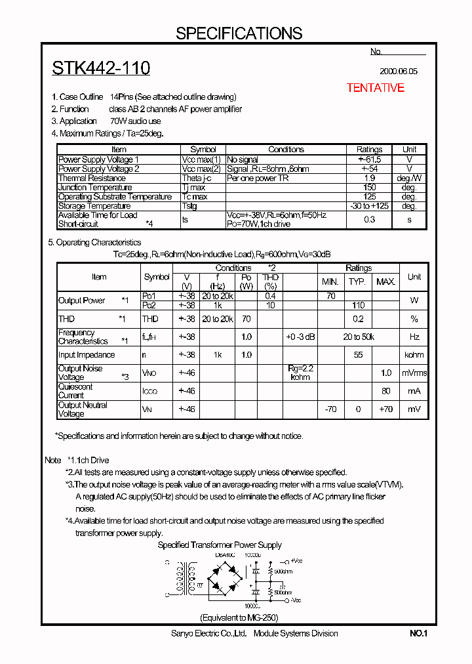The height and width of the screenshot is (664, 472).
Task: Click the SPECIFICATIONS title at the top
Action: pos(239,33)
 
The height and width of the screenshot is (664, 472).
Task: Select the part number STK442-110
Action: pos(101,68)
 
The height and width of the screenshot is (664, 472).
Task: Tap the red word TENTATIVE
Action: pos(375,88)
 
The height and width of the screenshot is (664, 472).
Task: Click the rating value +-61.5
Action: pos(369,159)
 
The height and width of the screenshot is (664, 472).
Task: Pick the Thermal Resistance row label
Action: pos(92,178)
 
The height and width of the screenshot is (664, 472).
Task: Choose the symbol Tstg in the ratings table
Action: pos(190,206)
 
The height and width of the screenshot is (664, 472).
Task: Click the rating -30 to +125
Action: pos(369,206)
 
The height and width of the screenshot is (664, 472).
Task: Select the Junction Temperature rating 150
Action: pos(369,188)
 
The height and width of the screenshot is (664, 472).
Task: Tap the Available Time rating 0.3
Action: pos(369,219)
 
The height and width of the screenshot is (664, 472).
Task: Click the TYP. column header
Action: pos(357,281)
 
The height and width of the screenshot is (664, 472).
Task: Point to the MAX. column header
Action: pos(385,281)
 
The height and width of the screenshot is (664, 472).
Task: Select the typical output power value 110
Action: pos(358,305)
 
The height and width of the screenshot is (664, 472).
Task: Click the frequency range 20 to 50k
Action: pos(359,337)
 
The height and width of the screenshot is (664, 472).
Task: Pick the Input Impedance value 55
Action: pos(358,355)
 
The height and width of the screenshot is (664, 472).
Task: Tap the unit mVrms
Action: pos(414,373)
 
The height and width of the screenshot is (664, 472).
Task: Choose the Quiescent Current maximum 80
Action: pos(386,391)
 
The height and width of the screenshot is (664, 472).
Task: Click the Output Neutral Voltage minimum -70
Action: pos(330,409)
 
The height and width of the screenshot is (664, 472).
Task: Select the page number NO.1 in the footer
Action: pos(418,634)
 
